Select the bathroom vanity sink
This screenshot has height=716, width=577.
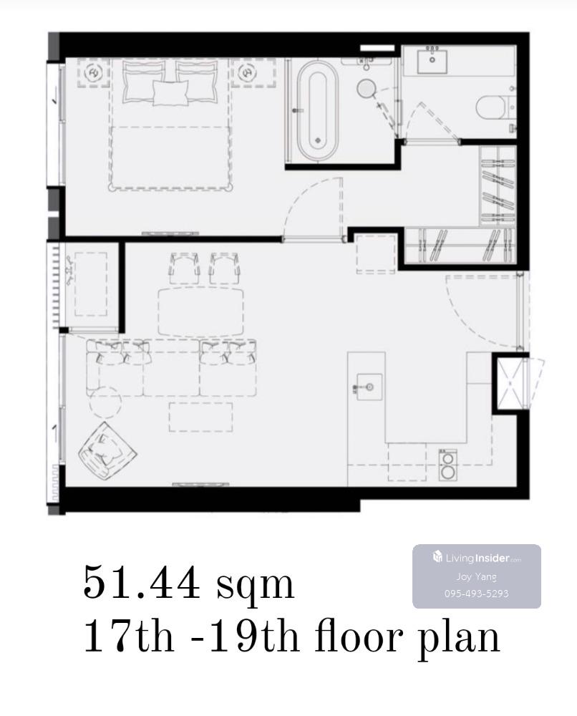(x=432, y=62)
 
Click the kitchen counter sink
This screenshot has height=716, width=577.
(x=369, y=387)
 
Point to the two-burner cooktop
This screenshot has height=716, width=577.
(x=448, y=465)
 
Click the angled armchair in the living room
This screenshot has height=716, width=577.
(x=107, y=450)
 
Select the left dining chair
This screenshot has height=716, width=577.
(x=185, y=268)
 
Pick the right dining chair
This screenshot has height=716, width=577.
(x=225, y=268)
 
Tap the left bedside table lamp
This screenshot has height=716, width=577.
(x=94, y=72)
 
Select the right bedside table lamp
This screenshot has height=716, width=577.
(x=247, y=72)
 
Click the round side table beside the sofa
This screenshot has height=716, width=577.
(x=105, y=402)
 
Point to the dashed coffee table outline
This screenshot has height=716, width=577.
(x=201, y=417)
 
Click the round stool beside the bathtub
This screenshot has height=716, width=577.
(x=366, y=87)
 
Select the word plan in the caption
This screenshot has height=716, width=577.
(x=459, y=639)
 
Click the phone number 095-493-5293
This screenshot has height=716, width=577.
(x=477, y=594)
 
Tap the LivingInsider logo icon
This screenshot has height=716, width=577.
(x=437, y=556)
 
